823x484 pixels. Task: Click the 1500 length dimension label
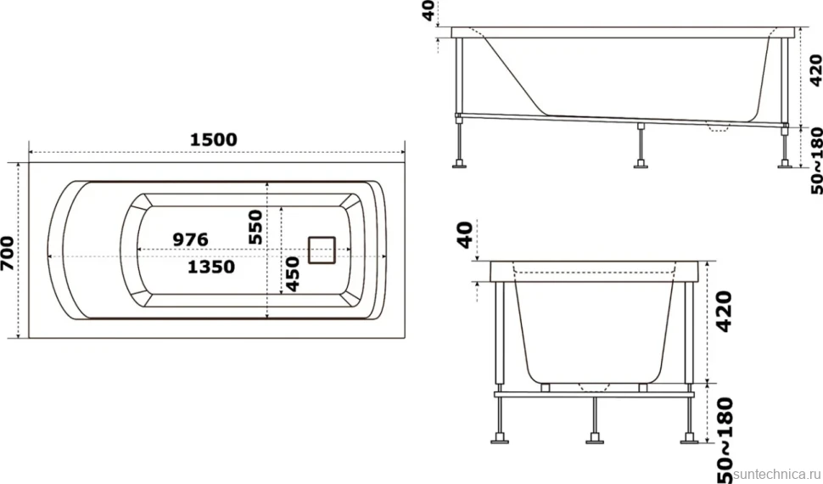tap(213, 140)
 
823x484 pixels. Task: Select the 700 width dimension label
tap(8, 253)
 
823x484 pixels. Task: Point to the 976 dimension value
tap(191, 239)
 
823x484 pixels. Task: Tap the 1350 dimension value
tap(211, 267)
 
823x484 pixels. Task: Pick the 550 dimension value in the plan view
tap(255, 227)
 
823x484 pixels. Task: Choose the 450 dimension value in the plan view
tap(293, 273)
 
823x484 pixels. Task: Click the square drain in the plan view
tap(322, 250)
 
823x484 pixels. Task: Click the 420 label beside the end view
tap(724, 312)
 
